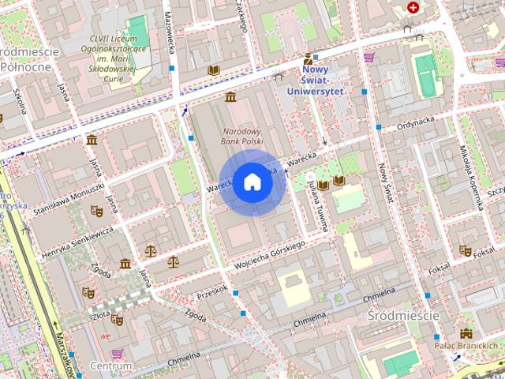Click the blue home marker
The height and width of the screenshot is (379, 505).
coord(252,182)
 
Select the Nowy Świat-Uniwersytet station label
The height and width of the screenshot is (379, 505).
coord(324,81)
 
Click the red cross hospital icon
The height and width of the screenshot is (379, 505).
coord(413,8)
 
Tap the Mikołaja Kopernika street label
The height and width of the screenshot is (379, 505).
coord(471,177)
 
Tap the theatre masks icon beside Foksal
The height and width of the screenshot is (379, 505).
coord(466,250)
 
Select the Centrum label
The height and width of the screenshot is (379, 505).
coord(110,366)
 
